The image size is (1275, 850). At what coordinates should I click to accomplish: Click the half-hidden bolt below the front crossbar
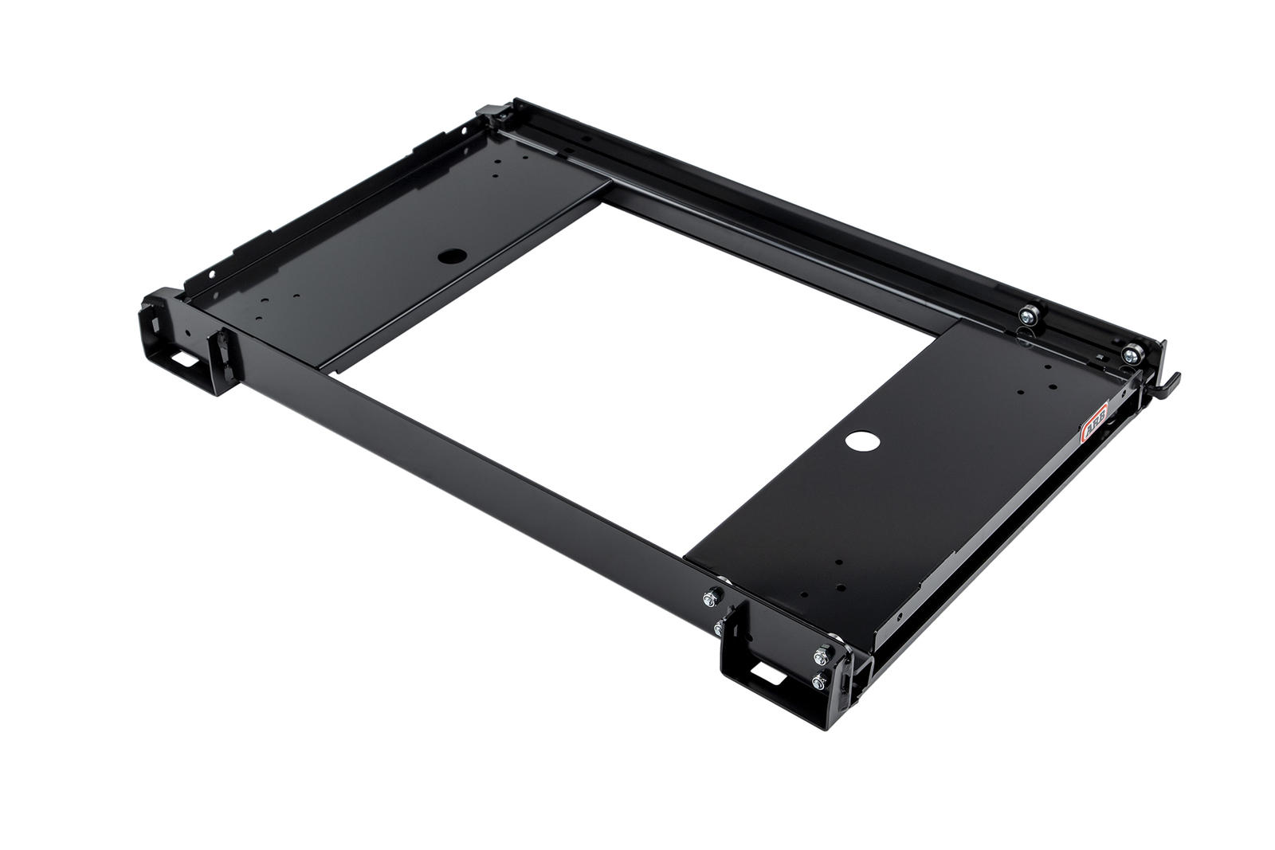click(x=721, y=629)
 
